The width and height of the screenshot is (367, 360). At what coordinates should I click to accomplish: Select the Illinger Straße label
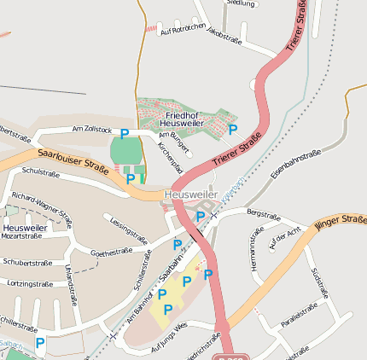tap(340, 224)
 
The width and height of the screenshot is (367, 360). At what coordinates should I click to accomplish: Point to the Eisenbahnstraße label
tap(295, 164)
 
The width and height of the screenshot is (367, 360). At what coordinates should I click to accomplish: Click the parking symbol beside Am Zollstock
tap(125, 134)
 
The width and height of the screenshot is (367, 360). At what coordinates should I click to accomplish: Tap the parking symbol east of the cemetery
tap(233, 129)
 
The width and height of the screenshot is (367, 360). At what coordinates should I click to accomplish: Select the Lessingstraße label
tap(123, 226)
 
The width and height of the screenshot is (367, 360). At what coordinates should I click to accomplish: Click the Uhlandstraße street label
tap(70, 281)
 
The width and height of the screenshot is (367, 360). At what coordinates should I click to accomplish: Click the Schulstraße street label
tap(40, 172)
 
